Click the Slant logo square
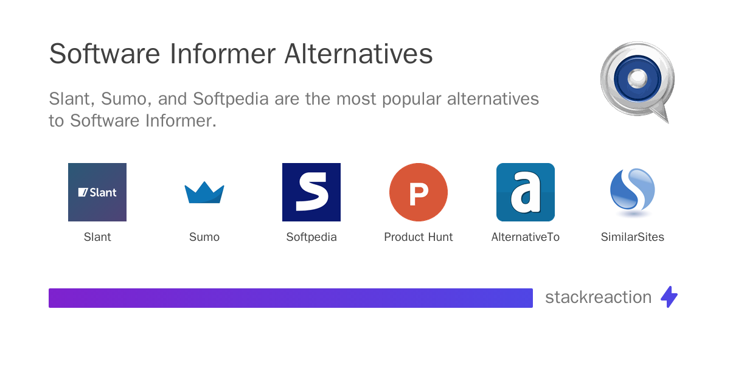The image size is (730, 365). (97, 192)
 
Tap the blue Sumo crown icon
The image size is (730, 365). (204, 193)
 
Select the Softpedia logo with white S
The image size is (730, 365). (311, 192)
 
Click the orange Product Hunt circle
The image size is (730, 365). (419, 192)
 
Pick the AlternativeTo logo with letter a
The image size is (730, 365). (526, 192)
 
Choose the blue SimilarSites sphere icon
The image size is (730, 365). (632, 191)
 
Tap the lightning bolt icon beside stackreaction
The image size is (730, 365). (669, 297)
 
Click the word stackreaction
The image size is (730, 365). (598, 297)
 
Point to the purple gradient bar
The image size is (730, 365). (291, 298)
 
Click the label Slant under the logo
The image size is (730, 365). (97, 237)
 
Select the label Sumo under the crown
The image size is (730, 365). (204, 237)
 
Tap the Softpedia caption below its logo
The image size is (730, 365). (311, 237)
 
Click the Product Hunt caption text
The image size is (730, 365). (419, 237)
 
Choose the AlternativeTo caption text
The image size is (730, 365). (526, 237)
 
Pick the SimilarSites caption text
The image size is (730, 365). (633, 237)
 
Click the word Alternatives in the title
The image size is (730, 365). (358, 54)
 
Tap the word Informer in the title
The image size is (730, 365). (222, 54)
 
